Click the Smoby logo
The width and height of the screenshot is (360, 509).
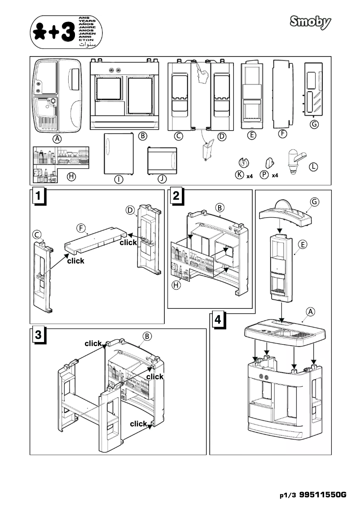[x=310, y=22]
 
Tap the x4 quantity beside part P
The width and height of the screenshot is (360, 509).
[x=275, y=176]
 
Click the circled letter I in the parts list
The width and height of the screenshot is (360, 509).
[x=119, y=179]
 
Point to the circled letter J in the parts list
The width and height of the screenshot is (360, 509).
[x=162, y=179]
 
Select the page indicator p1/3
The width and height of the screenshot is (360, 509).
[x=288, y=496]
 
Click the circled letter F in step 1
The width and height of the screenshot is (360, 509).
[x=81, y=228]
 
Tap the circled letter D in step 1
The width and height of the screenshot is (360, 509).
[x=130, y=210]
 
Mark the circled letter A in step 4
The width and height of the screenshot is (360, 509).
[x=309, y=311]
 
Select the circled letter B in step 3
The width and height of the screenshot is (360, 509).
[x=146, y=336]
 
